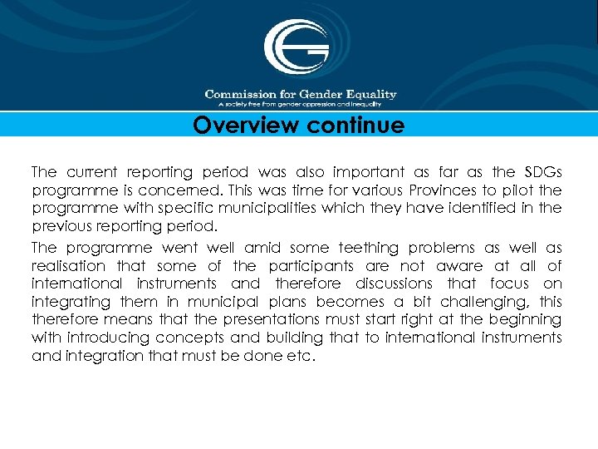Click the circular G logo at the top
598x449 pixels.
coord(297,47)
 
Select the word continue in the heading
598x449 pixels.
coord(351,126)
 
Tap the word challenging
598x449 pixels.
coord(480,302)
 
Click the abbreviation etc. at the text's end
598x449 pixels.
coord(304,356)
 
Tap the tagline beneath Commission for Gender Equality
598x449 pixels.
coord(300,105)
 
